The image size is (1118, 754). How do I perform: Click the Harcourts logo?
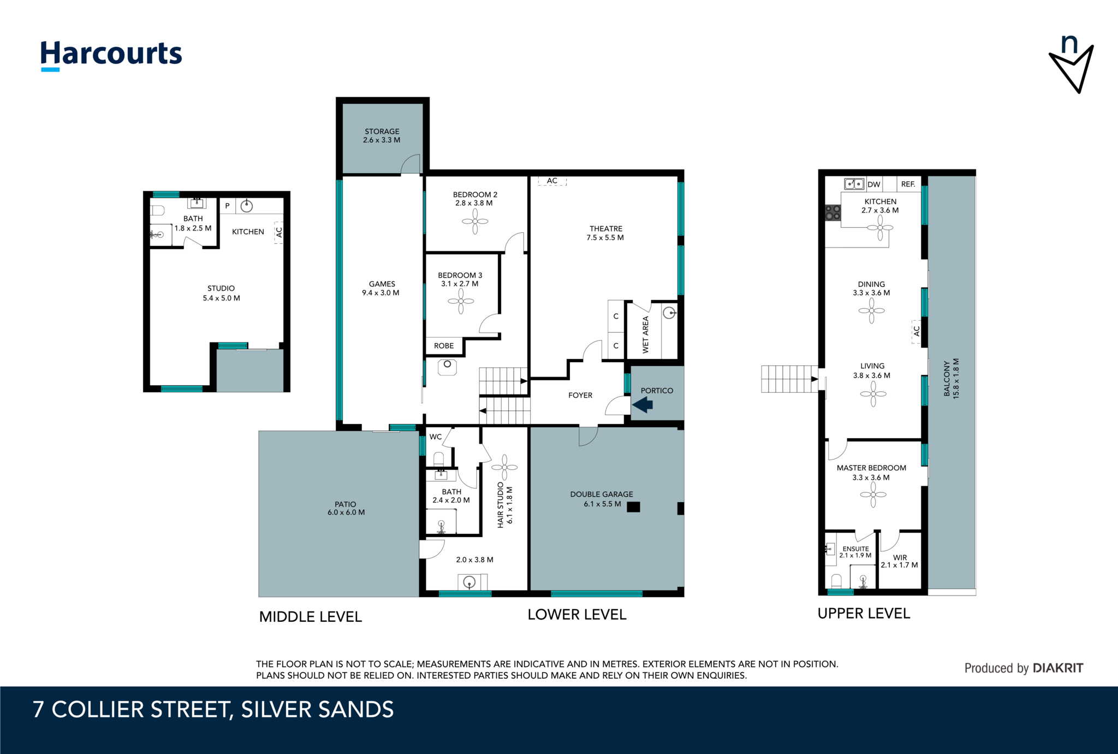[111, 55]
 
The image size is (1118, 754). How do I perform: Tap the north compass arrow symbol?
[1071, 66]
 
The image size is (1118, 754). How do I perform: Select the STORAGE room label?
[382, 131]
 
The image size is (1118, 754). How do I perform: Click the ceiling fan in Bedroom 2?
[475, 221]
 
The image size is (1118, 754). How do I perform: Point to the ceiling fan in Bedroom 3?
[461, 301]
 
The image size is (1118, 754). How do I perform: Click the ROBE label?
[444, 346]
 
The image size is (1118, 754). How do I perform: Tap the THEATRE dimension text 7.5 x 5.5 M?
[605, 238]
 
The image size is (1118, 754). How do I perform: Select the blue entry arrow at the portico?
[643, 404]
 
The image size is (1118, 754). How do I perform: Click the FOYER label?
[580, 395]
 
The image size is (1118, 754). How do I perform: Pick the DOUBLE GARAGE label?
[602, 494]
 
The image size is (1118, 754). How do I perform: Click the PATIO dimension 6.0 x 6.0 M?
[346, 513]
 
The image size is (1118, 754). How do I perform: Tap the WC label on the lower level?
[436, 437]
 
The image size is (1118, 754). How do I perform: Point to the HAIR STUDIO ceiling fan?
[505, 467]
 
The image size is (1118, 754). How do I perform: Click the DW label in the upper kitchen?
[874, 184]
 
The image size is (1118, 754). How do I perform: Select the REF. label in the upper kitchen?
[908, 184]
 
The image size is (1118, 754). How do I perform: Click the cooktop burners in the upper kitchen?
[833, 213]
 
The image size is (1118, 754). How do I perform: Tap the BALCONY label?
[947, 378]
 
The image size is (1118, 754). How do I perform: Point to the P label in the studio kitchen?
[228, 206]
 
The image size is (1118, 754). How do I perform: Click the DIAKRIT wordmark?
[1058, 668]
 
